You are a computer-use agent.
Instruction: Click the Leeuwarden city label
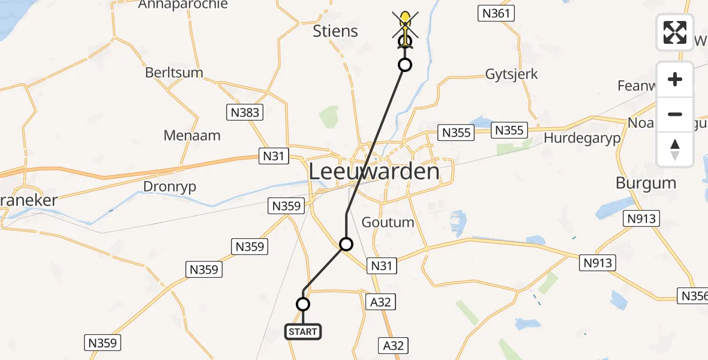click(x=374, y=172)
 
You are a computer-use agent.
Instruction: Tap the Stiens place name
click(x=335, y=31)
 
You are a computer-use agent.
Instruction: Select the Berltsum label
click(x=174, y=73)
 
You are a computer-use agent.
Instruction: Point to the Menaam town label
click(x=192, y=136)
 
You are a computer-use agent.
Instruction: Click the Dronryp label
click(x=169, y=187)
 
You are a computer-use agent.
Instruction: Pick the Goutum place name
click(x=388, y=222)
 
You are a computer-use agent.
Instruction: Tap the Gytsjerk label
click(x=511, y=74)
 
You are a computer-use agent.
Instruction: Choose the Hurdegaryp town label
click(x=582, y=137)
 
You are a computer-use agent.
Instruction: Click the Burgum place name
click(x=646, y=182)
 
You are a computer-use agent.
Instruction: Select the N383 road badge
click(x=243, y=112)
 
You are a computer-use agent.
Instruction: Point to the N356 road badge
click(x=694, y=295)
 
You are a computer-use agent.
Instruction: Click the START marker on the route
click(x=303, y=331)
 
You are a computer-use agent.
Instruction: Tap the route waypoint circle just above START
click(x=303, y=304)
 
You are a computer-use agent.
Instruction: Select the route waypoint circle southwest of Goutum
click(x=346, y=244)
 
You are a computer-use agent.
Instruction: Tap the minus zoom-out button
click(x=675, y=114)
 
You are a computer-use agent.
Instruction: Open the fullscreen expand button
click(x=675, y=32)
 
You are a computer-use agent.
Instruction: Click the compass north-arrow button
click(x=675, y=149)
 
